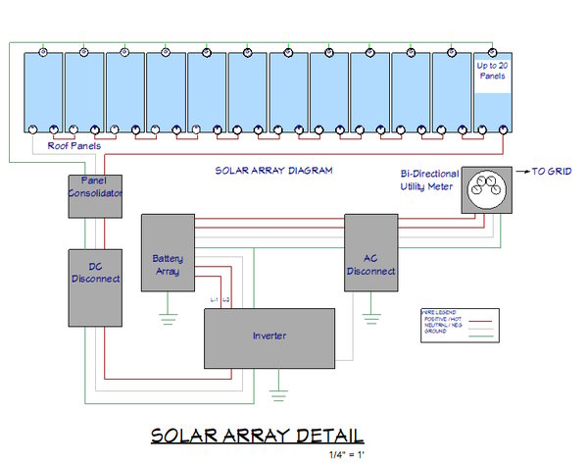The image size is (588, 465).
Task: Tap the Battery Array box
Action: tap(168, 253)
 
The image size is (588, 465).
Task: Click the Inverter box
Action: tap(269, 336)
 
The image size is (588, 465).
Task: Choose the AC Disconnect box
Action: tap(371, 253)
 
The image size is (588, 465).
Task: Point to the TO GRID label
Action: tap(553, 171)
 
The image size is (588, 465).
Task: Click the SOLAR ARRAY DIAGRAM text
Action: tap(273, 170)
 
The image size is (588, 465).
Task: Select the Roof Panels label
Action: tap(73, 145)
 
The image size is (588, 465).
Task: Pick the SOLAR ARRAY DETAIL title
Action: tap(257, 435)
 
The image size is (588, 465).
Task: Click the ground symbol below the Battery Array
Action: tap(167, 315)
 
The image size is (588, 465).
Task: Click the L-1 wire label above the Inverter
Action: tap(215, 298)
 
